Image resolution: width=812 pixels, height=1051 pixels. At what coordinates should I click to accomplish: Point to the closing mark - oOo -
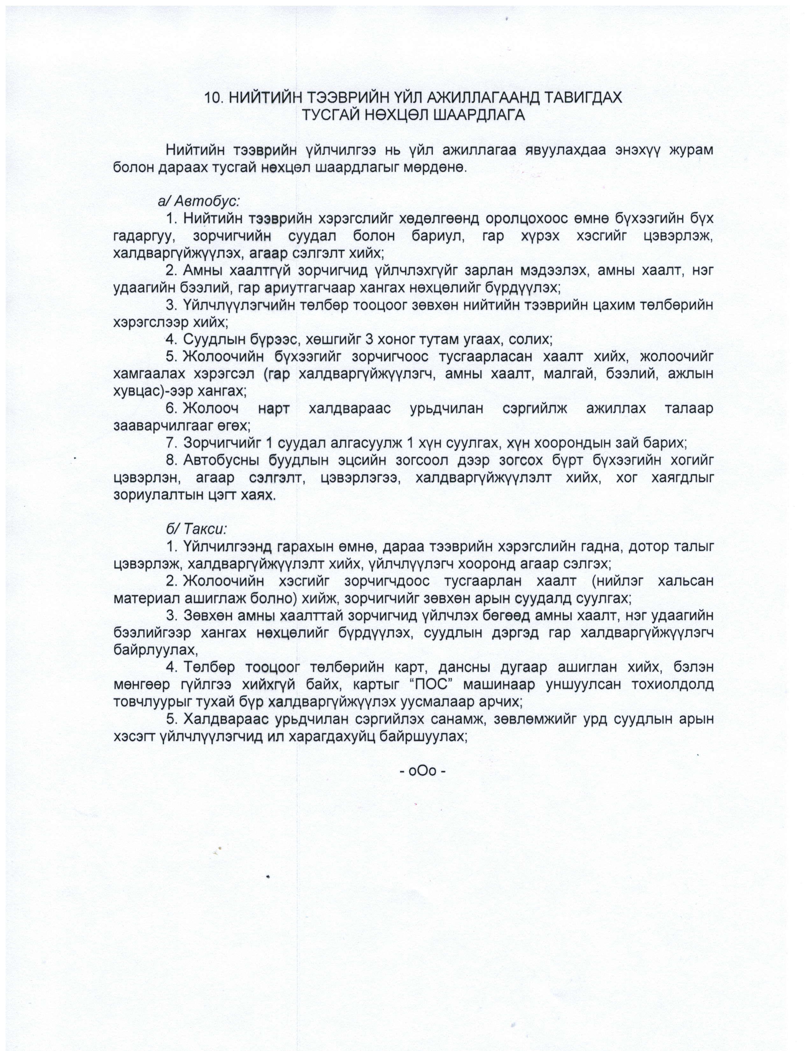point(423,770)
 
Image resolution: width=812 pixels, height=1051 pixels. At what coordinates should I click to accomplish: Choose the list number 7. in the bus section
point(172,443)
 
